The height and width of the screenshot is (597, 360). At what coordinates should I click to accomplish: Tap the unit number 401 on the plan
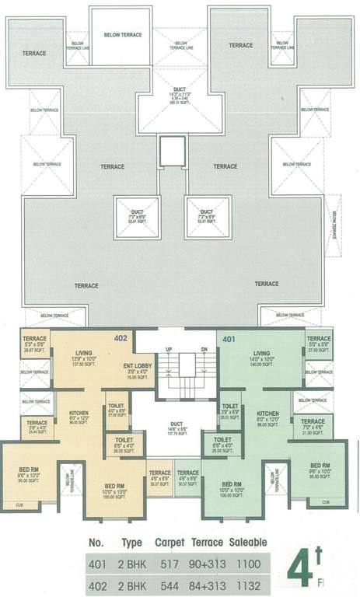[229, 339]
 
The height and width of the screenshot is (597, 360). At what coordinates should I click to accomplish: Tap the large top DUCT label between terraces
[179, 89]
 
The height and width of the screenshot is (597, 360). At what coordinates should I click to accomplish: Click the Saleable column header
[248, 540]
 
